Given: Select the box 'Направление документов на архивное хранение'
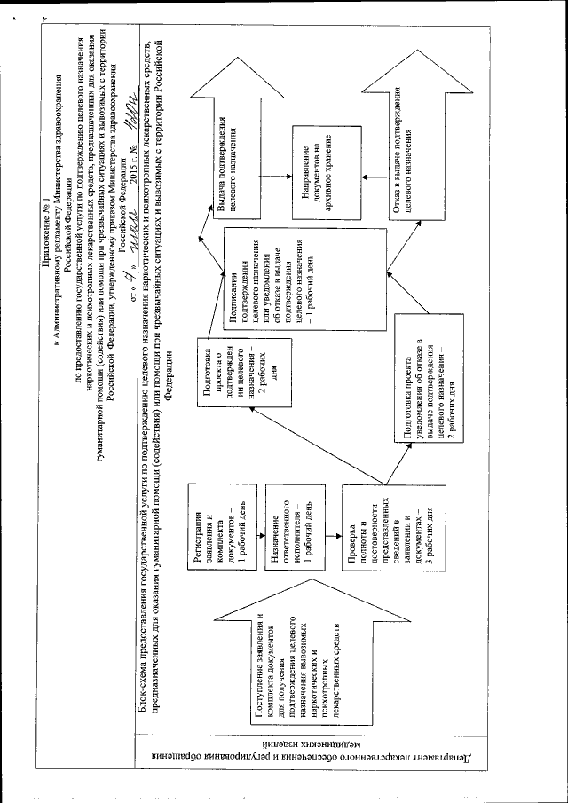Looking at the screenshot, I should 319,172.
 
